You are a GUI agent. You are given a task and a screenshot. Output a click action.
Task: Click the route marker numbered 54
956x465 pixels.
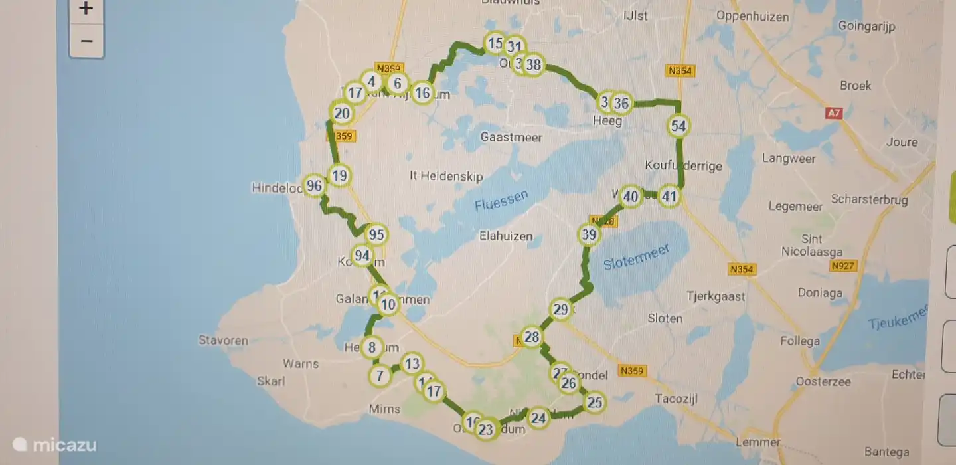tap(678, 126)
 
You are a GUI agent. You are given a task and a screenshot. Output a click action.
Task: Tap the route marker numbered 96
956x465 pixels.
tap(314, 186)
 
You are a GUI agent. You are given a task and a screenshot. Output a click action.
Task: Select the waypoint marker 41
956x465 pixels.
tap(669, 196)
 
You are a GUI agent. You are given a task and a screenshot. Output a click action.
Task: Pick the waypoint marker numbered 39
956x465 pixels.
tap(589, 234)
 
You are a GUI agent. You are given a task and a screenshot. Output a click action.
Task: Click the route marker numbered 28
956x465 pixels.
tap(531, 337)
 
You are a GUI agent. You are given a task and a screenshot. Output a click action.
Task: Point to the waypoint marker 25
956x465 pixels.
tap(594, 402)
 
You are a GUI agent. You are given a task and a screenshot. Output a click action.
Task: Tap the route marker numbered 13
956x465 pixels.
tap(412, 363)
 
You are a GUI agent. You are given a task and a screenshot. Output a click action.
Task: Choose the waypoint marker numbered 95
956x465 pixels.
tap(376, 234)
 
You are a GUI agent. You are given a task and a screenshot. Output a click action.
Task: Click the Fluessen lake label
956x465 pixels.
tap(502, 200)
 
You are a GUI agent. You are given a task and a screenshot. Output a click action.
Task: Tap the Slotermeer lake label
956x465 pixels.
tap(636, 256)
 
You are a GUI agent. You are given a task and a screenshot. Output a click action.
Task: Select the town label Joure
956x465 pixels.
tap(901, 141)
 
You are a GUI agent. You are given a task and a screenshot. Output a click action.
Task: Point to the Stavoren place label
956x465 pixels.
tap(223, 341)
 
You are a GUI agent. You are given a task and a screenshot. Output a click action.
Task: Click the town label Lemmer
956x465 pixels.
tap(758, 442)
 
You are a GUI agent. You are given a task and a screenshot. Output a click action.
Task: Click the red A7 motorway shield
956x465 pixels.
tap(834, 114)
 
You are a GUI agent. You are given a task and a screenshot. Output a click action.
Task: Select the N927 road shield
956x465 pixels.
tap(844, 266)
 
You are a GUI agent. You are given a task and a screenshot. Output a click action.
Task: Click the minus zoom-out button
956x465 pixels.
tap(86, 41)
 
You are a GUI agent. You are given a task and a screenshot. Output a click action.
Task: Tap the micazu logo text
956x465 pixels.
tap(64, 445)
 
